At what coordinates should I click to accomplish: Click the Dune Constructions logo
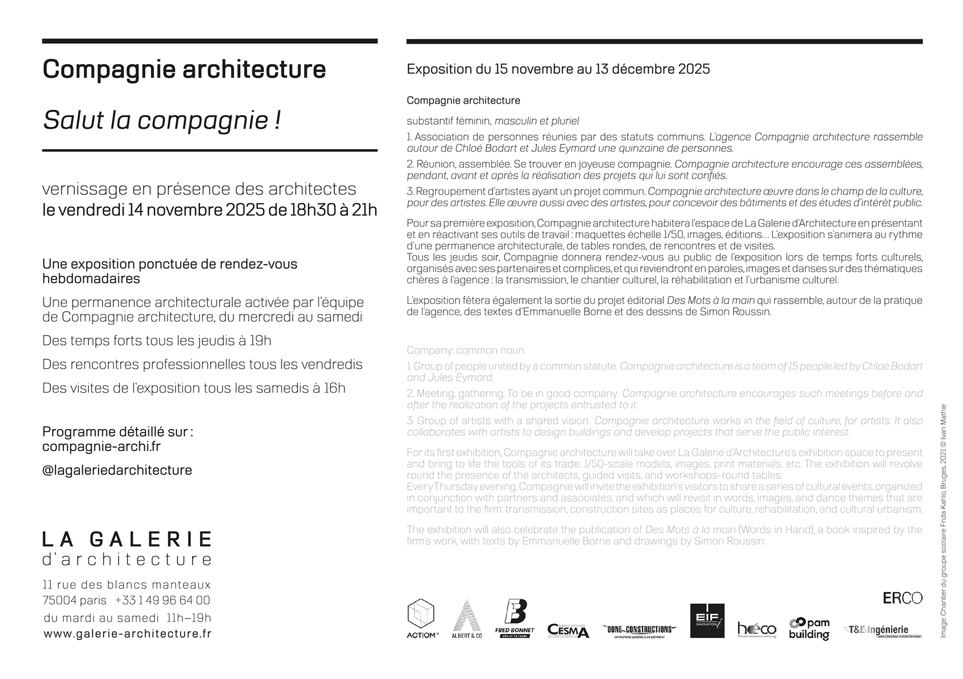tap(640, 630)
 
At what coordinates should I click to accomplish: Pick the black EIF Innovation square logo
tap(707, 621)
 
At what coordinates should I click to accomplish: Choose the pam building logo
tap(809, 628)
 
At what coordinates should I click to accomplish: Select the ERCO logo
tap(902, 598)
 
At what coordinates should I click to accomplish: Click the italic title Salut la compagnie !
tap(162, 120)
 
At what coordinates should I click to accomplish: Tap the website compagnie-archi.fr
tap(101, 446)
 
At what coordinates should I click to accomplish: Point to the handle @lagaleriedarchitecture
tap(117, 470)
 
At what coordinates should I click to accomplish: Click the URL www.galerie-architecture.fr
tap(127, 634)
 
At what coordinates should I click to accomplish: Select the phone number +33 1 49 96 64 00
tap(163, 600)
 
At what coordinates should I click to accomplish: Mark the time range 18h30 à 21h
tap(334, 210)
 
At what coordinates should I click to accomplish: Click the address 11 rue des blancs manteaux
tap(127, 584)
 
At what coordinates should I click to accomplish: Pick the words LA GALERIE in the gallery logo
tap(127, 539)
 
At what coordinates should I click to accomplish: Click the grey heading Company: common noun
tap(466, 350)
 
